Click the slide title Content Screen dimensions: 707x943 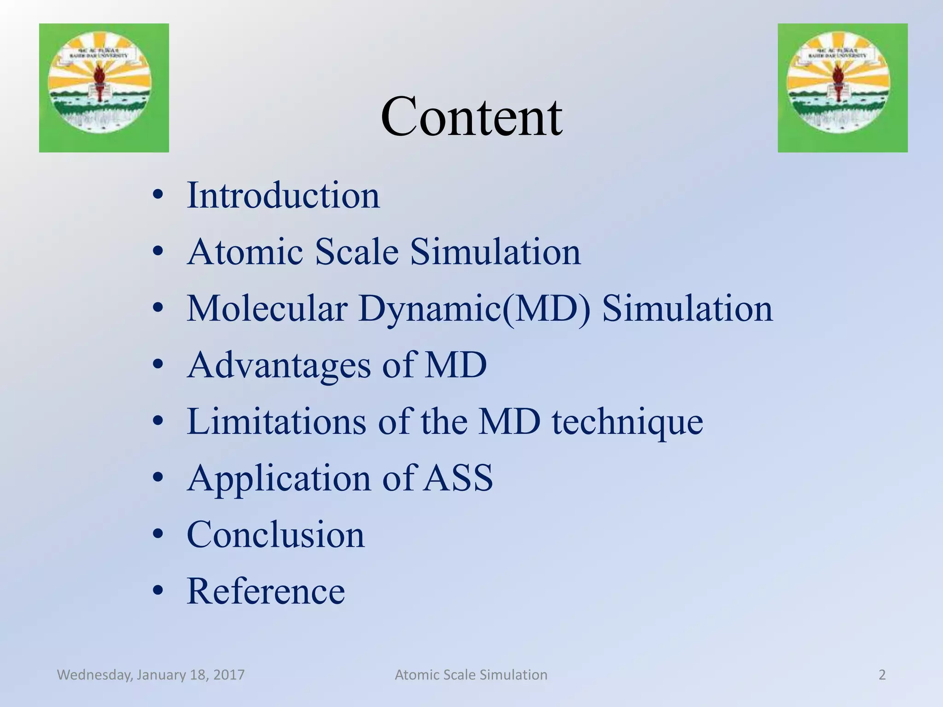471,117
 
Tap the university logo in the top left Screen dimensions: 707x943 104,87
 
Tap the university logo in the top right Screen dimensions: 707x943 842,87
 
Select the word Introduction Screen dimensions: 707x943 283,196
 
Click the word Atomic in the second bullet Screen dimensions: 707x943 245,252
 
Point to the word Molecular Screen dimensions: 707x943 267,308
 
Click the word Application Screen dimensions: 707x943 279,479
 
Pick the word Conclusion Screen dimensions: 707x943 275,535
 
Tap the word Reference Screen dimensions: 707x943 266,591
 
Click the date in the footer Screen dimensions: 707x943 151,675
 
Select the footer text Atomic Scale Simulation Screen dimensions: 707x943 471,675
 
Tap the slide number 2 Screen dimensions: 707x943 882,675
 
